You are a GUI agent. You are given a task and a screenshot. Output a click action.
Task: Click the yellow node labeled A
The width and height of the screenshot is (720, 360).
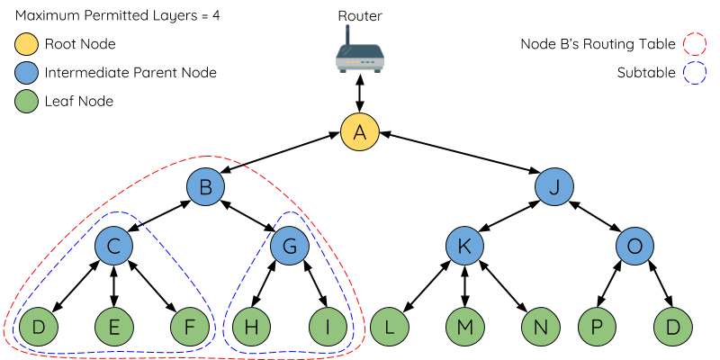[360, 132]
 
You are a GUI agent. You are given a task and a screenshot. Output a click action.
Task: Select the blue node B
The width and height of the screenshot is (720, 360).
[205, 187]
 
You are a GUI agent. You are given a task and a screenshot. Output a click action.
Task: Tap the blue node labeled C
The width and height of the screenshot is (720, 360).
[114, 246]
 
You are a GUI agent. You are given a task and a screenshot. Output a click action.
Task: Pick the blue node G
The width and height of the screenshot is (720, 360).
[290, 246]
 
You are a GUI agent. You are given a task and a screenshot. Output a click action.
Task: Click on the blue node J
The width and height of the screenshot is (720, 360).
[554, 187]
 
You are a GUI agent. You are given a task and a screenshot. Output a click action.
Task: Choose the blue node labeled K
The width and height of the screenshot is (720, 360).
[464, 246]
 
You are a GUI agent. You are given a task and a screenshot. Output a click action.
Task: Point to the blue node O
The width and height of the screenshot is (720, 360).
[634, 246]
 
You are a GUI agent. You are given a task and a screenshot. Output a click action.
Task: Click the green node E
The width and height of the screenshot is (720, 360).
[114, 328]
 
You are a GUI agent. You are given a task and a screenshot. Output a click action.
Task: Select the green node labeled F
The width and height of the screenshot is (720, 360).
[190, 328]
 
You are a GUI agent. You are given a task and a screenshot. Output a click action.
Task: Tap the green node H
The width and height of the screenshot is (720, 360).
[252, 328]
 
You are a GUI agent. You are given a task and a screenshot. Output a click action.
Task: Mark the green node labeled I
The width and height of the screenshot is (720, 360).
[328, 328]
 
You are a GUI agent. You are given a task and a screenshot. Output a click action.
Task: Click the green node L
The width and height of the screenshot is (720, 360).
[389, 328]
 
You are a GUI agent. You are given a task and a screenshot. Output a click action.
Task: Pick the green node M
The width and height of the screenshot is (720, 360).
[464, 328]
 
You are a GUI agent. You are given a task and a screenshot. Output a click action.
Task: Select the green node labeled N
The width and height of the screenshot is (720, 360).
[540, 328]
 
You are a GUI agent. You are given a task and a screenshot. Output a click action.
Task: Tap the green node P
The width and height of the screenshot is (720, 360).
[596, 328]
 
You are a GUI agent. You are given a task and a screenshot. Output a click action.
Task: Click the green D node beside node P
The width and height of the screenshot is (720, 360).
[672, 328]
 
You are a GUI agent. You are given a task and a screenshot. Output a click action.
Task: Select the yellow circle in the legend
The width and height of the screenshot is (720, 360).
[27, 44]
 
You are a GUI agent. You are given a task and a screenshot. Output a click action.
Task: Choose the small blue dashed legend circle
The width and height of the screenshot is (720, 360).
[695, 73]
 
